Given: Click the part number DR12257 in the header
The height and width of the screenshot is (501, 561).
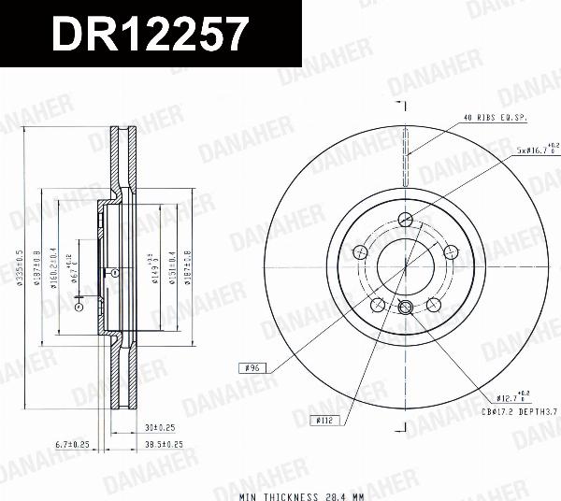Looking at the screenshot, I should [x=150, y=35].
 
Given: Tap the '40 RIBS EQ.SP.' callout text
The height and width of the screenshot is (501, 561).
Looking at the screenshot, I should [x=495, y=117].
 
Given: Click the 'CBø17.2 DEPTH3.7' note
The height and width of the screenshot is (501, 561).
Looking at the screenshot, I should [x=519, y=411].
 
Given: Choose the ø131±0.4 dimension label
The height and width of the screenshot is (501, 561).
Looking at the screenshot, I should [x=171, y=269].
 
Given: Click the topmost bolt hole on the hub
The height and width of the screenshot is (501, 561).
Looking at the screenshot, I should [x=405, y=220].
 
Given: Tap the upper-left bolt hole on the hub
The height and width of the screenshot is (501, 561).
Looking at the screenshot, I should [x=361, y=251].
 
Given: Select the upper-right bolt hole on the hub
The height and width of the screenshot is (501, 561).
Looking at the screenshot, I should [x=449, y=251].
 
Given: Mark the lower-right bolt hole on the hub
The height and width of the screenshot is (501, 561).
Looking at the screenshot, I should [x=432, y=304].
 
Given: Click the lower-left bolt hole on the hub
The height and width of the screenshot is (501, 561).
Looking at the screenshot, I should [x=378, y=304].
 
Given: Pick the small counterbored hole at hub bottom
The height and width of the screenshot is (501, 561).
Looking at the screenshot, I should [x=405, y=309].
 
